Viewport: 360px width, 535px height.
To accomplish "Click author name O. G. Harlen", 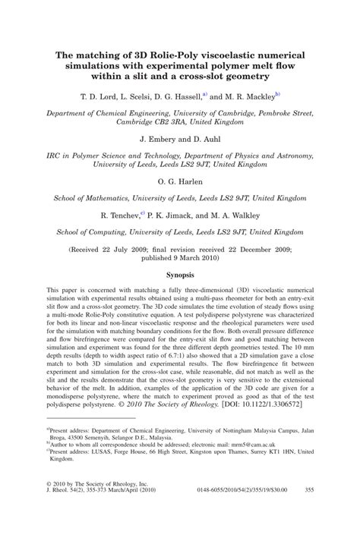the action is pos(180,183).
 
